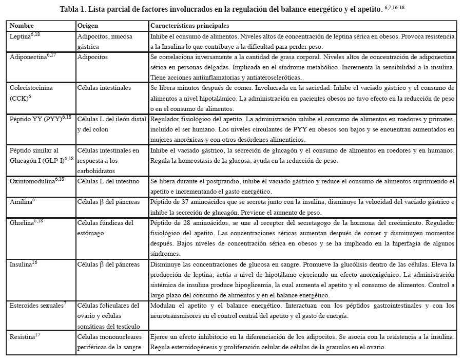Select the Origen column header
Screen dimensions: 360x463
point(87,26)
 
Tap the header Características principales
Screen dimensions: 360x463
point(189,26)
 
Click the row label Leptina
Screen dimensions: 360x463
point(21,37)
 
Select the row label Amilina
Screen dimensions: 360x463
point(21,202)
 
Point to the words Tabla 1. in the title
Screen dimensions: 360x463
point(73,9)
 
